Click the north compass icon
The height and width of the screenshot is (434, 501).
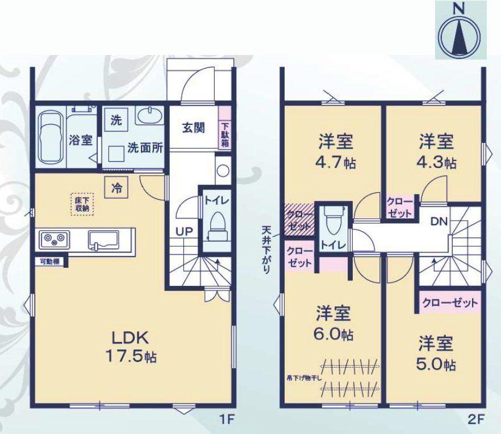pyautogui.click(x=461, y=30)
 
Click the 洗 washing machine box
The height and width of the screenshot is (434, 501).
pyautogui.click(x=116, y=120)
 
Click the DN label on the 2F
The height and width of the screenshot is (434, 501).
pyautogui.click(x=437, y=221)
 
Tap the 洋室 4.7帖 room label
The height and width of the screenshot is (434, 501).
pyautogui.click(x=333, y=150)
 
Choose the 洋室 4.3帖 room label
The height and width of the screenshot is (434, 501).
pyautogui.click(x=437, y=150)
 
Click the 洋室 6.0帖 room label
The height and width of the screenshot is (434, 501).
pyautogui.click(x=333, y=322)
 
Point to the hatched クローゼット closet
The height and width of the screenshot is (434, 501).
pyautogui.click(x=298, y=218)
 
